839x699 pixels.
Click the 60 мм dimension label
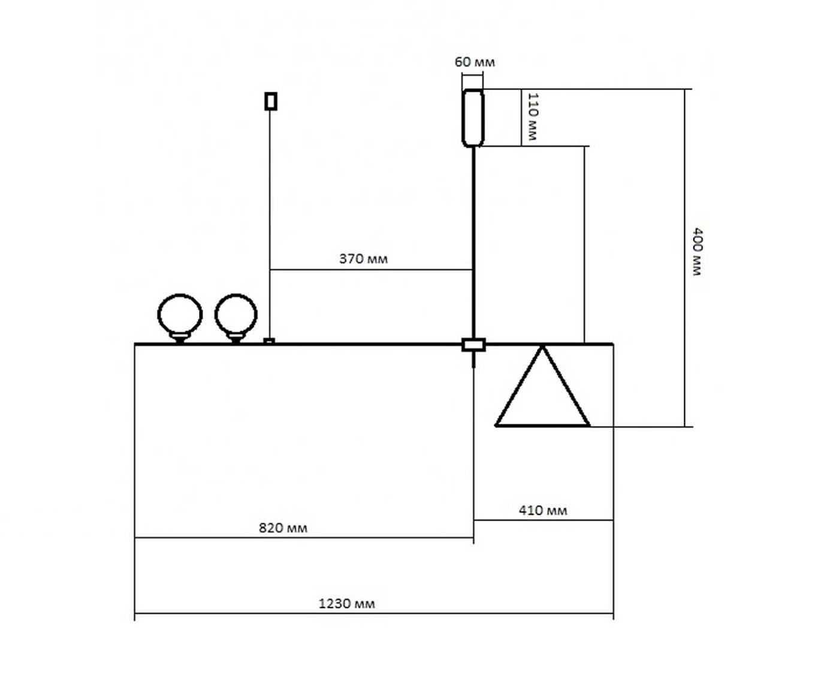475,62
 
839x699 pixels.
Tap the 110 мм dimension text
532,116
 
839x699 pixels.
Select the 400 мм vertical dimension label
697,251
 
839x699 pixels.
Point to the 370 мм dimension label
363,259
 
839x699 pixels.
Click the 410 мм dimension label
542,511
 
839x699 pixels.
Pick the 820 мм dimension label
283,528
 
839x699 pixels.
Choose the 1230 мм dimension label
346,604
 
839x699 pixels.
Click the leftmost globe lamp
180,314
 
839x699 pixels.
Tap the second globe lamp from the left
236,314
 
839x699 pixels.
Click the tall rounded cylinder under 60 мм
473,117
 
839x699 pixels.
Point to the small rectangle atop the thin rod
271,101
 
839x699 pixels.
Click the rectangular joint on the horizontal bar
473,345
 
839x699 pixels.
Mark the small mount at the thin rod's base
270,341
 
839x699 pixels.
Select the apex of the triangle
542,347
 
